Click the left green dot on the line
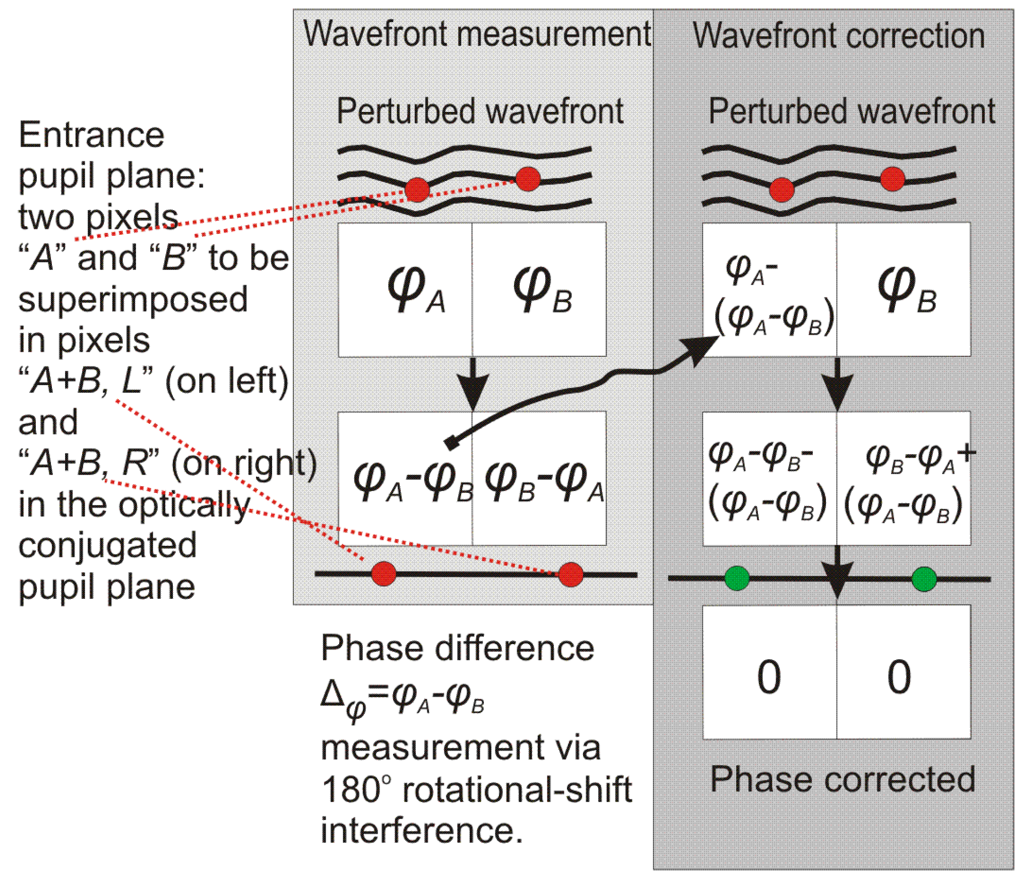736,578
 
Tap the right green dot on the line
924,579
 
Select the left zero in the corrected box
768,676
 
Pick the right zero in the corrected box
899,676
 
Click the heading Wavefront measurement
477,34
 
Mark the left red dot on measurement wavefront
417,190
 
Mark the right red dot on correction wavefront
892,179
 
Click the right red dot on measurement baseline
570,575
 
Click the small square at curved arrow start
452,443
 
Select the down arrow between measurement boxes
472,386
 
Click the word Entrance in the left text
91,135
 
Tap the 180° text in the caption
356,789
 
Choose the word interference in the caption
421,830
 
